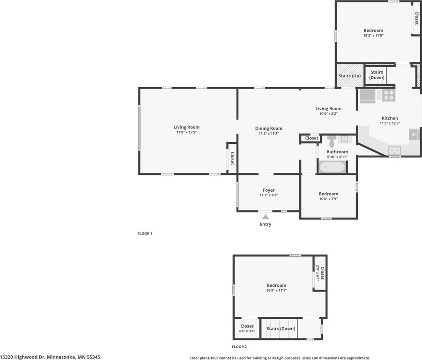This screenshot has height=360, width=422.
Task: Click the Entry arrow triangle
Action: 266,217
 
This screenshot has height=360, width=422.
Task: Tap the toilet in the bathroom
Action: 332,142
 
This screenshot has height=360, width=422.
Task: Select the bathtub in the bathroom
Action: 332,167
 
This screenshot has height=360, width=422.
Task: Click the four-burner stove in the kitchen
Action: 389,95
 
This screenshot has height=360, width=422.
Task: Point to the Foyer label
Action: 268,190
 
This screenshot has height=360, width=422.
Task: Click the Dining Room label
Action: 268,128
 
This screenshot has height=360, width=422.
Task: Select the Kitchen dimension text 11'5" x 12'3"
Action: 390,123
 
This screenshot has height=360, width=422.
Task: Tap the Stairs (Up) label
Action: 349,75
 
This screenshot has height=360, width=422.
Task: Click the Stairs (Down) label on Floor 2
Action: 281,329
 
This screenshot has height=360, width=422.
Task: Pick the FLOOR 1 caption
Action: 145,233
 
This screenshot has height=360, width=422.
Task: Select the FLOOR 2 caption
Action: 239,347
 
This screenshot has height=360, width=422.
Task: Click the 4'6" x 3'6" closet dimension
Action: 247,331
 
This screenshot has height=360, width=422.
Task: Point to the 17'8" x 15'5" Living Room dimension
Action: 186,132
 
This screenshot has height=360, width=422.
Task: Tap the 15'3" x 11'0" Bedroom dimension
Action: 373,35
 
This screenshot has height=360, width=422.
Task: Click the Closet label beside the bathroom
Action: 311,138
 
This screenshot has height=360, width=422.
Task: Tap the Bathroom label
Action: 337,151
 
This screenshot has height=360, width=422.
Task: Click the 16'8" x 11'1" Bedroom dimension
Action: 276,290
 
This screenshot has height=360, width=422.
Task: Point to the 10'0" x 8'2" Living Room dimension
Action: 328,113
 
